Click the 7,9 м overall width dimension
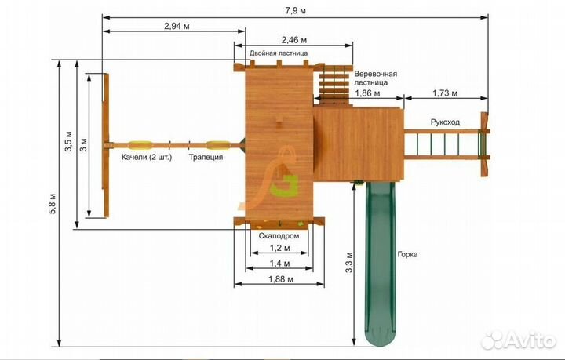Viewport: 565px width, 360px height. point(296,11)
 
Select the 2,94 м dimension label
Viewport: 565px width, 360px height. point(177,26)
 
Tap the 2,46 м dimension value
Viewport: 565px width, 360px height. point(294,39)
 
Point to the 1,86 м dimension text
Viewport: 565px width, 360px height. point(367,93)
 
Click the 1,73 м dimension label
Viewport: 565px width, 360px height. point(445,93)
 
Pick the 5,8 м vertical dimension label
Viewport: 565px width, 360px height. point(53,204)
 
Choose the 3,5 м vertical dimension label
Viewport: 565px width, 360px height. point(68,141)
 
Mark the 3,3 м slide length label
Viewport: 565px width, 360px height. point(348,262)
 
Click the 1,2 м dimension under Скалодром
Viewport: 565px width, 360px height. point(280,248)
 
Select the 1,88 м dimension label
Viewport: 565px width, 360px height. point(281,279)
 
